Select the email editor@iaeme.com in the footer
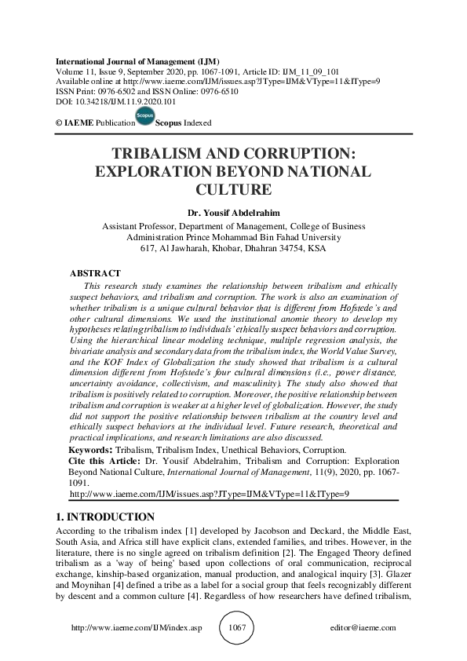365,628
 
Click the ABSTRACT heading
96,273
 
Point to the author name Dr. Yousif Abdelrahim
233,211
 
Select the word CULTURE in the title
233,189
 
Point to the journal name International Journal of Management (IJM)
137,61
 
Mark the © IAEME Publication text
91,122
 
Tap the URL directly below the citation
209,495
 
